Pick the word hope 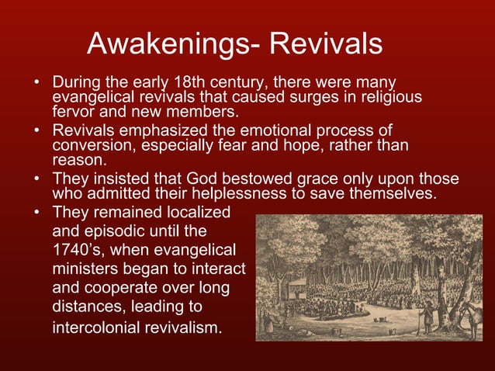(286, 144)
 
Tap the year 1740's (78, 249)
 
